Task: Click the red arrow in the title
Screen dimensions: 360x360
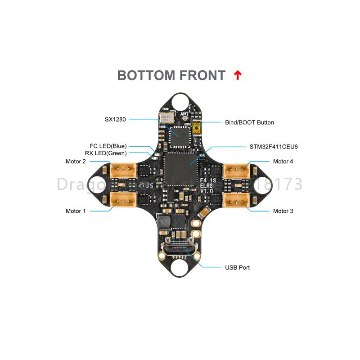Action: pos(238,76)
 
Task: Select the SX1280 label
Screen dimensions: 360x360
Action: pos(115,119)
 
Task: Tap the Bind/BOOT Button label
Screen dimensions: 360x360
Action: pos(249,122)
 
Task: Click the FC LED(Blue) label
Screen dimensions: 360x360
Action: pos(108,146)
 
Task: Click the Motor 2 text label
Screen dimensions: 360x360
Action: pos(76,162)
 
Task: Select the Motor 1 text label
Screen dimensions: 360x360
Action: pos(76,211)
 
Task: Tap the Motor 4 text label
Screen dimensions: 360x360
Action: pos(283,162)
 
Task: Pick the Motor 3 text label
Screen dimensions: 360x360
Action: pos(283,211)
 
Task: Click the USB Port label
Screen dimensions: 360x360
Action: pos(237,267)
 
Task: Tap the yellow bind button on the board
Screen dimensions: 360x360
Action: pos(196,129)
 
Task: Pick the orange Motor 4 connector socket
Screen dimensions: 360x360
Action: pos(236,170)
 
